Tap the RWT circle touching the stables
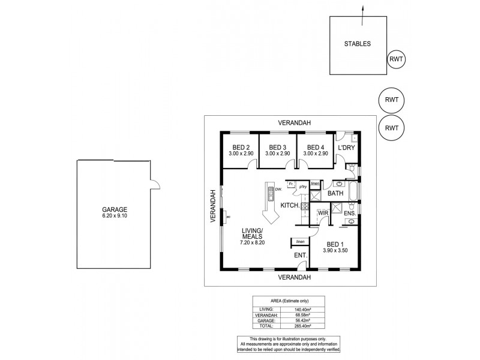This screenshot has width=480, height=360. tap(396, 59)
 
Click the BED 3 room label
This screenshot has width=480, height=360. tap(277, 148)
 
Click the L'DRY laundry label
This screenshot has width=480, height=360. tap(346, 148)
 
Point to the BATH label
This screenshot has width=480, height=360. tap(335, 193)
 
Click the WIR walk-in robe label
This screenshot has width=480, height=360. tap(323, 213)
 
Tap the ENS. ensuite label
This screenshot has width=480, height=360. tap(350, 213)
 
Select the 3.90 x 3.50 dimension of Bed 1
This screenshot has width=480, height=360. tap(334, 250)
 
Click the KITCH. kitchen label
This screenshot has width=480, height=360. tap(290, 205)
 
